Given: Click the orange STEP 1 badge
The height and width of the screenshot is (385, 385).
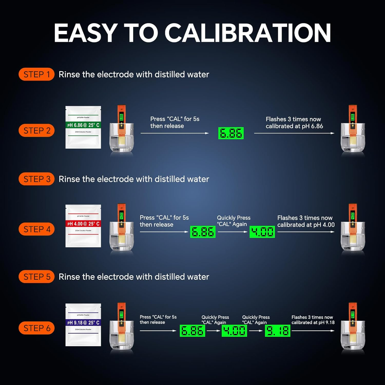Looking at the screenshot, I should (36, 74).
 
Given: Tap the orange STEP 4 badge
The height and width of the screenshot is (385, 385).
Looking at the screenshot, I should (36, 229).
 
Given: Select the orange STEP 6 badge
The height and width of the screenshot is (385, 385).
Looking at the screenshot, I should (36, 328).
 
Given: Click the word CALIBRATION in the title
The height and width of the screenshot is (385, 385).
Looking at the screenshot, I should (247, 33).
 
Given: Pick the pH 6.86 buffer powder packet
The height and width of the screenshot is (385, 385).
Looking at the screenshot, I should (83, 127).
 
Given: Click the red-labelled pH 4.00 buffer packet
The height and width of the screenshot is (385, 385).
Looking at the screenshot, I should (83, 226).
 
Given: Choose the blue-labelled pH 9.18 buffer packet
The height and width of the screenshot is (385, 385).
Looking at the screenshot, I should (83, 325).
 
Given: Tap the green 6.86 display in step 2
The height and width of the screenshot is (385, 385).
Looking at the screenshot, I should (231, 133).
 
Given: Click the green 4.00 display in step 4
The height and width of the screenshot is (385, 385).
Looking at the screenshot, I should (262, 232).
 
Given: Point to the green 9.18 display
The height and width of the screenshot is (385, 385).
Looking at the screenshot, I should (277, 331).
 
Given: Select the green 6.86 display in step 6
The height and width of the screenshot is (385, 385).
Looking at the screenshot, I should (192, 331).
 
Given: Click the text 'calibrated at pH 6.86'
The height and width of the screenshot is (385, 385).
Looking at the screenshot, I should (294, 126).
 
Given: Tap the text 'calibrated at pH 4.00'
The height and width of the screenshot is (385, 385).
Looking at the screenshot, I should (306, 225).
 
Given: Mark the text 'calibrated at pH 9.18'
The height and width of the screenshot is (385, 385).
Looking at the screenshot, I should (313, 323).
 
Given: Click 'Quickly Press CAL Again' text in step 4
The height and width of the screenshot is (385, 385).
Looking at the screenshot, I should (234, 221).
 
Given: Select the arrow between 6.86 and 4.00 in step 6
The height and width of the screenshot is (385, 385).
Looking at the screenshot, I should (213, 331).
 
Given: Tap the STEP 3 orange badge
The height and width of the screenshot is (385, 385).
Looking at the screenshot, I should (36, 179).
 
